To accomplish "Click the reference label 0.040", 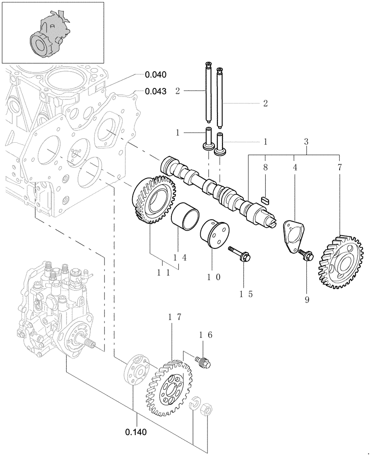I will tap(155, 74).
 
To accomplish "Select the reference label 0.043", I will tap(155, 91).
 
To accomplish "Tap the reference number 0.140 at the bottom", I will tap(136, 430).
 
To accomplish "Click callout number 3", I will tap(306, 142).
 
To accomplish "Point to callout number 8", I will tap(266, 167).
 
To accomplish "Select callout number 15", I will tap(244, 294).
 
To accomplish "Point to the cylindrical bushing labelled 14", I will tap(185, 218).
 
